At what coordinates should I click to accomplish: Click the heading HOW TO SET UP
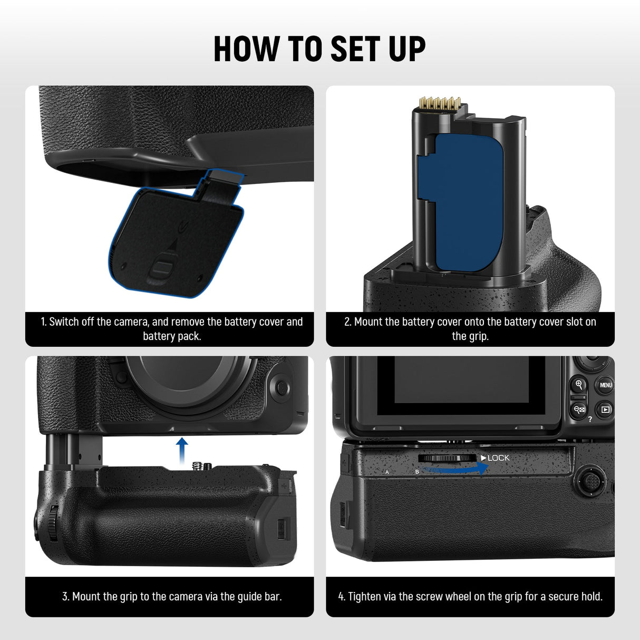(x=319, y=49)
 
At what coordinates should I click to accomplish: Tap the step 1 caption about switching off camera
(x=171, y=328)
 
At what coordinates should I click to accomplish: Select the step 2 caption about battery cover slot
(x=470, y=328)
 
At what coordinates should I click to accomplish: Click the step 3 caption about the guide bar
(x=171, y=596)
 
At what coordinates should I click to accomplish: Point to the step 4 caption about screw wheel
(x=470, y=596)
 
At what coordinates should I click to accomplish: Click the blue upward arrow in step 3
(x=182, y=449)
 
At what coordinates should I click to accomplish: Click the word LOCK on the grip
(x=498, y=458)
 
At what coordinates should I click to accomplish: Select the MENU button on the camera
(x=605, y=385)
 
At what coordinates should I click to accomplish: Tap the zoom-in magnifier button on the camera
(x=579, y=384)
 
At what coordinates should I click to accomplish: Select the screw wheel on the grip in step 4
(x=448, y=458)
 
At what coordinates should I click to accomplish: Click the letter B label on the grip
(x=417, y=472)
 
